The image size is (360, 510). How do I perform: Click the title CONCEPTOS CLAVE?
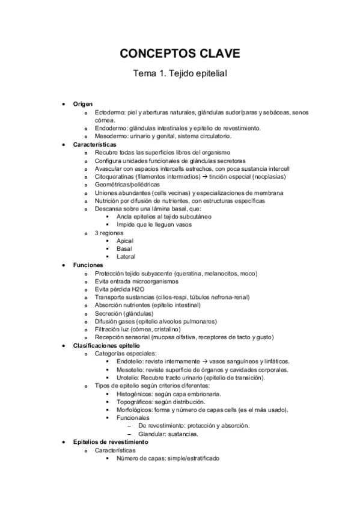(x=180, y=54)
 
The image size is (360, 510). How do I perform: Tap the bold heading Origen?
(x=83, y=104)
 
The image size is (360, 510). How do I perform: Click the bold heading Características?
(x=95, y=145)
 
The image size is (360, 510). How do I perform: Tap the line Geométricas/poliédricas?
(x=126, y=185)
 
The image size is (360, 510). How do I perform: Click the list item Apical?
(x=125, y=241)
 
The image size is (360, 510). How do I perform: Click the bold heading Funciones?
(x=88, y=265)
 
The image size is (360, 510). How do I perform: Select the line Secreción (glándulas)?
(x=124, y=313)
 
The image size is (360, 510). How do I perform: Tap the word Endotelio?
(x=130, y=361)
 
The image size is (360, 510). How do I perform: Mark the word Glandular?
(x=151, y=434)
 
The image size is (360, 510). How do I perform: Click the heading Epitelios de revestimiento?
(x=110, y=441)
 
